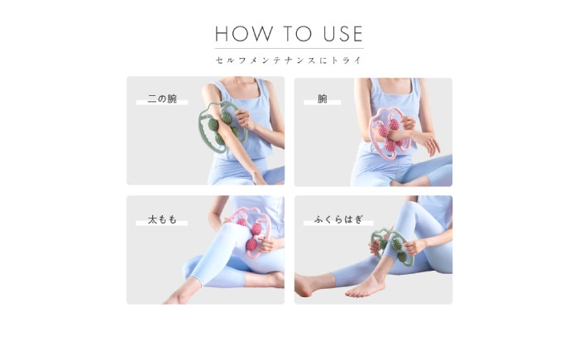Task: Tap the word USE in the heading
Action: tap(343, 34)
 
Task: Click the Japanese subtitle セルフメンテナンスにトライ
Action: tap(289, 60)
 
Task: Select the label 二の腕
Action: tap(162, 98)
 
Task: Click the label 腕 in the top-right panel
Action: tap(323, 98)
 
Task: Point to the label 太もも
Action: tap(162, 219)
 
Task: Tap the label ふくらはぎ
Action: tap(338, 219)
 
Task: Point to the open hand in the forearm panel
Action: tap(428, 142)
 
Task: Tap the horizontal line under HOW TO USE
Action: tap(289, 49)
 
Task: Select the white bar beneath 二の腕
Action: tap(162, 103)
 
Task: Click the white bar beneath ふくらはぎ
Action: tap(338, 223)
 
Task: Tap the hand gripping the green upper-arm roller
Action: tap(245, 119)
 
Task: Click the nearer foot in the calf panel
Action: tap(366, 287)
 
